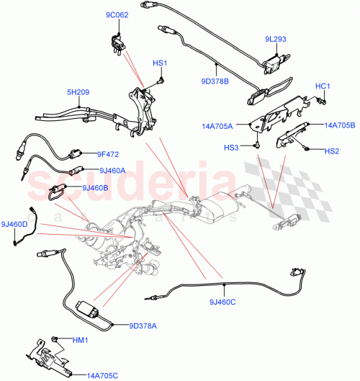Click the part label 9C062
coord(117,14)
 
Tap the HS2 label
coord(331,151)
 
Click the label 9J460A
coord(113,171)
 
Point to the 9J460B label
coord(95,188)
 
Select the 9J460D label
coord(14,224)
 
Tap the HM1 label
coord(79,339)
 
